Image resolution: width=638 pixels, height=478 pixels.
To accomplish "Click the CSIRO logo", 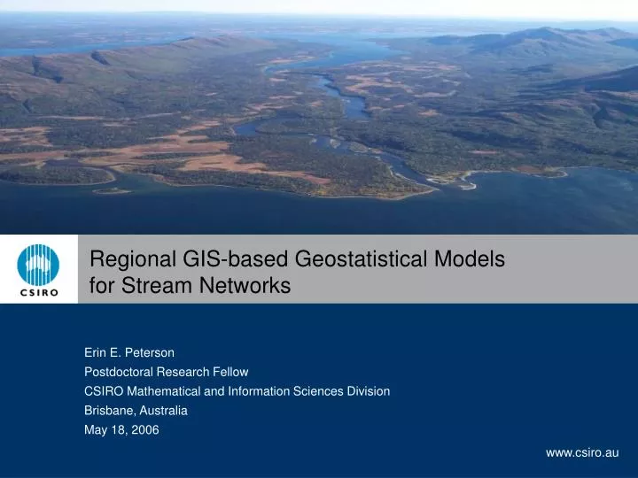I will (x=39, y=268).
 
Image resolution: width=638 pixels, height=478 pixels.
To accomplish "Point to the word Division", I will (x=368, y=390).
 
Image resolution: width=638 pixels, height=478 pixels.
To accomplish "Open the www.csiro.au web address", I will (x=581, y=452).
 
